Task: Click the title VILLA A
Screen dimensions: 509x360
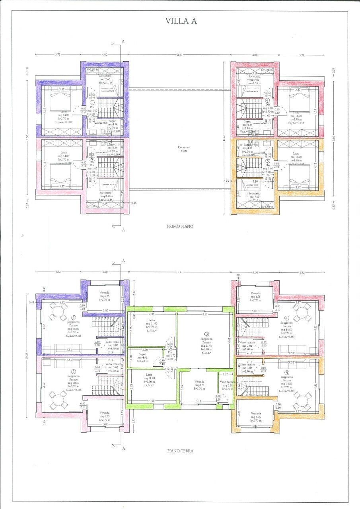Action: [181, 21]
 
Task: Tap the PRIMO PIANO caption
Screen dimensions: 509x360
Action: [180, 226]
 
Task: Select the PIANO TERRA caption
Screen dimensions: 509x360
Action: [180, 451]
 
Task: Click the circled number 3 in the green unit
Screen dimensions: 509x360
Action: [206, 334]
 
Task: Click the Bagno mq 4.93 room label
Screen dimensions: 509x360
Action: [142, 357]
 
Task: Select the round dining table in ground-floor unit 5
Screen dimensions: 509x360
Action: [302, 401]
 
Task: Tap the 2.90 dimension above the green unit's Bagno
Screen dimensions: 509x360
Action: [144, 350]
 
